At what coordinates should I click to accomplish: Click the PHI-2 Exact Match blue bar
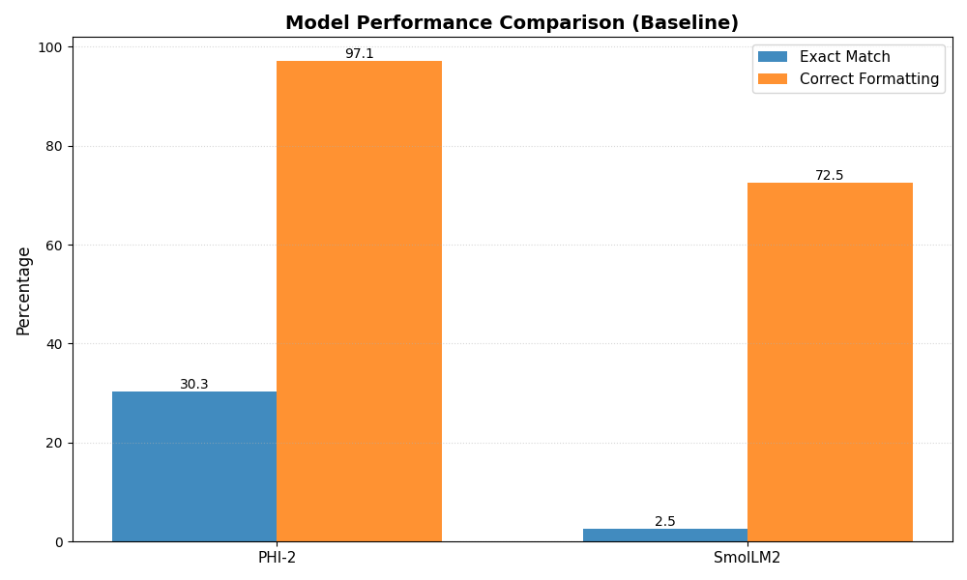[194, 466]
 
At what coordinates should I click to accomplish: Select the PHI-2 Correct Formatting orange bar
[359, 301]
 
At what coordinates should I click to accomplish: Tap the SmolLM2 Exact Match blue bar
[665, 535]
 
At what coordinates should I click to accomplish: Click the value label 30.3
[194, 385]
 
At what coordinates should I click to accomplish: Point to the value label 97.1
[359, 54]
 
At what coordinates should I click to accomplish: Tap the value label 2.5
[665, 522]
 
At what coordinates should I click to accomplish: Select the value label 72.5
[830, 176]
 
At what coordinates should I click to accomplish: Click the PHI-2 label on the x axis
[277, 558]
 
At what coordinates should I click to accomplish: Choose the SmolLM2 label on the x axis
[747, 558]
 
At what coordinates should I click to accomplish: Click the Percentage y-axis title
[24, 290]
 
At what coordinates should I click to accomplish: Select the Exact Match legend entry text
[844, 57]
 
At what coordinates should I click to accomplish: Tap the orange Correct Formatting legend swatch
[773, 79]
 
